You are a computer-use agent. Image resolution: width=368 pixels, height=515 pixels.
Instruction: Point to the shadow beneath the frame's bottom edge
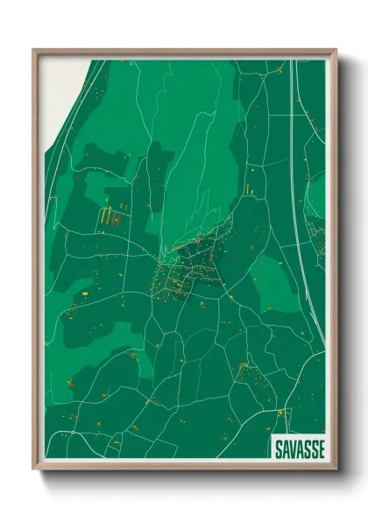pyautogui.click(x=184, y=479)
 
